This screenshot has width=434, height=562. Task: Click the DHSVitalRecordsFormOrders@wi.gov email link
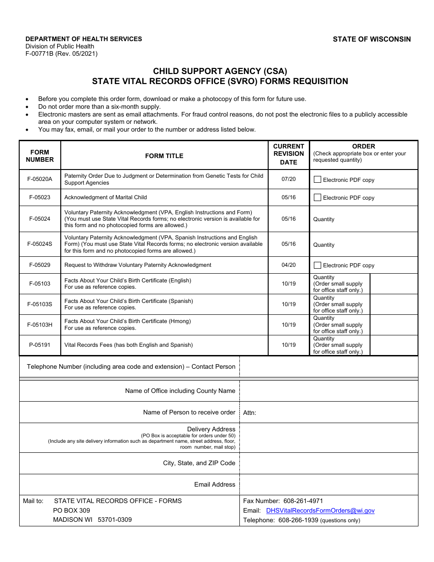pyautogui.click(x=320, y=511)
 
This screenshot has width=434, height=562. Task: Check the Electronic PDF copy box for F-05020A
pyautogui.click(x=318, y=180)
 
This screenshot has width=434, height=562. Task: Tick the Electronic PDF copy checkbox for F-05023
pyautogui.click(x=318, y=197)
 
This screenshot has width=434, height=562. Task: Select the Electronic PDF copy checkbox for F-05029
pyautogui.click(x=318, y=265)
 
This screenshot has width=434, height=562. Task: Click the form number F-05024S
pyautogui.click(x=40, y=244)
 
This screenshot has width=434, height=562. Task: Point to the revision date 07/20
pyautogui.click(x=288, y=179)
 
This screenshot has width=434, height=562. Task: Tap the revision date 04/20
pyautogui.click(x=288, y=265)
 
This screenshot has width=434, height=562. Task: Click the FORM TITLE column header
pyautogui.click(x=164, y=156)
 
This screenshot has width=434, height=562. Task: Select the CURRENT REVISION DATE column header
pyautogui.click(x=288, y=154)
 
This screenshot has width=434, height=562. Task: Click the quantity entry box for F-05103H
pyautogui.click(x=393, y=325)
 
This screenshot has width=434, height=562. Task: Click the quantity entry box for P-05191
pyautogui.click(x=393, y=345)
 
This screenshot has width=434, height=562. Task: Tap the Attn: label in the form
pyautogui.click(x=249, y=413)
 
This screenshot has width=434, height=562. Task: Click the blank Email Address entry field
pyautogui.click(x=328, y=484)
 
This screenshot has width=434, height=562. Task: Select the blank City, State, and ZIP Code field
pyautogui.click(x=328, y=463)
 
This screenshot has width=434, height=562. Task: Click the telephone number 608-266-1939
pyautogui.click(x=298, y=520)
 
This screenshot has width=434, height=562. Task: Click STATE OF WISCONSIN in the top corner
pyautogui.click(x=371, y=39)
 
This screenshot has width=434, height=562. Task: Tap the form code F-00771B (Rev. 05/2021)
pyautogui.click(x=61, y=53)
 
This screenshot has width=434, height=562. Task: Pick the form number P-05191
pyautogui.click(x=40, y=345)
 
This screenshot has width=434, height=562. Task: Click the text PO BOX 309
pyautogui.click(x=71, y=510)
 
